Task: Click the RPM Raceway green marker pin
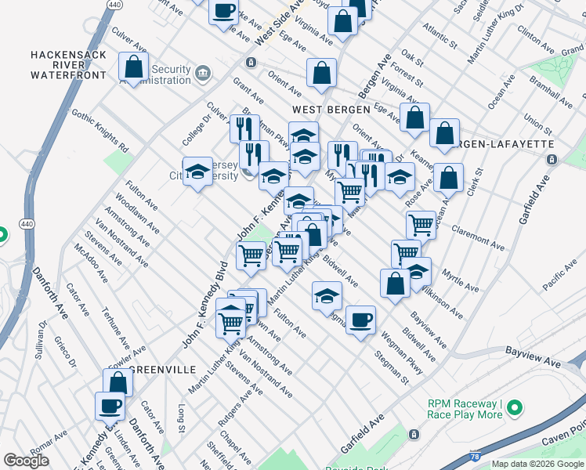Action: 514,408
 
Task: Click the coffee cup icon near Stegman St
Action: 360,320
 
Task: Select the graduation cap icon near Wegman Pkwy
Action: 327,295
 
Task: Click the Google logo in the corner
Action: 26,461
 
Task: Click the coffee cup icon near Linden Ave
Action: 110,407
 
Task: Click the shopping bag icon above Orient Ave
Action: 321,74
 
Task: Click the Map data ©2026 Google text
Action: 537,464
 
